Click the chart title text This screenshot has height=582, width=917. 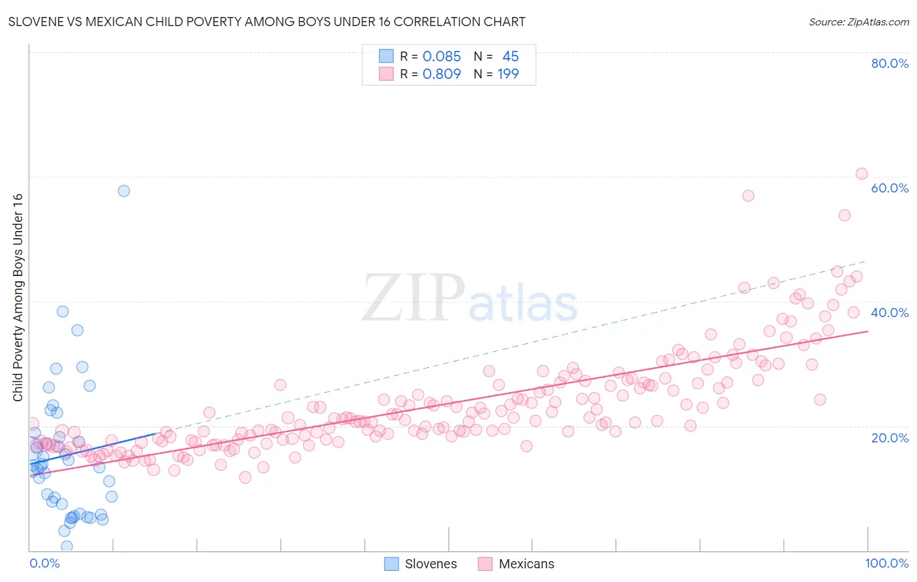[267, 22]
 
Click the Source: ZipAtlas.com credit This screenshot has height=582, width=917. [858, 22]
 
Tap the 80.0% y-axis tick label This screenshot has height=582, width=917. [890, 63]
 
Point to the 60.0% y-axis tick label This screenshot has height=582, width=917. [890, 188]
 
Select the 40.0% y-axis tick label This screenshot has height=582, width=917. [890, 313]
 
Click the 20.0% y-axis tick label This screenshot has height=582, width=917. [890, 437]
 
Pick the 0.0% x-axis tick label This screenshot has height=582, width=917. [44, 563]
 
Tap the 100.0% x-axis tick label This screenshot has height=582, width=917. [886, 563]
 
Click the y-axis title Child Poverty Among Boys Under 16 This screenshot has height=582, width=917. [18, 298]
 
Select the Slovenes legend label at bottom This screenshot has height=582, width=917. [430, 564]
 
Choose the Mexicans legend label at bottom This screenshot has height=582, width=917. [526, 564]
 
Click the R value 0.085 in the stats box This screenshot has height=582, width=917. [442, 57]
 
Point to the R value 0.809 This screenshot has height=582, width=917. [442, 74]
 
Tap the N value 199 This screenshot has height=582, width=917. [508, 74]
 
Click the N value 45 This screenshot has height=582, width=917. [510, 57]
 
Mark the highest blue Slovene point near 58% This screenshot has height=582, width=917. [124, 191]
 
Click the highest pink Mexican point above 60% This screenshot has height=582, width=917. [862, 174]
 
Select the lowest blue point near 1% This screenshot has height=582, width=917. [67, 546]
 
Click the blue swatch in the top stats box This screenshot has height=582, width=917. [386, 57]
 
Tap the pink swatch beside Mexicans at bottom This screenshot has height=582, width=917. [485, 564]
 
